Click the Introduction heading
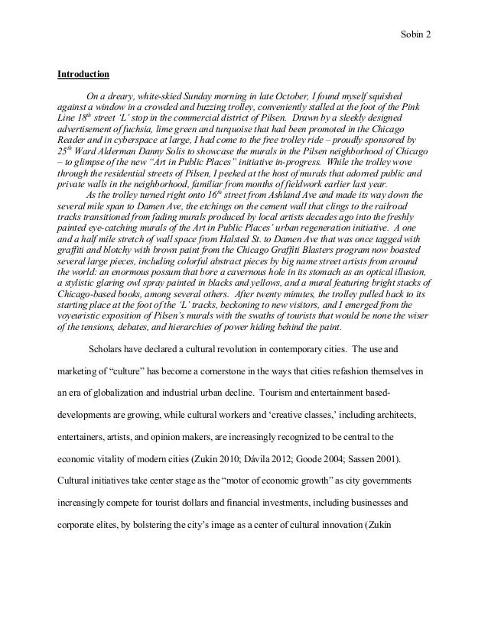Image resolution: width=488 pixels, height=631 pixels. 84,75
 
